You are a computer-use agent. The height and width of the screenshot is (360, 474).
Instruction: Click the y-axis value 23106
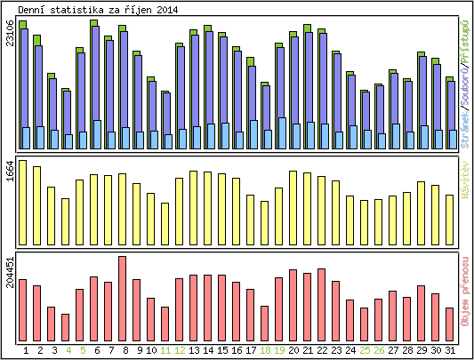click(10, 33)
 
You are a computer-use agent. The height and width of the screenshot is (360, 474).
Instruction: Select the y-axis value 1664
click(10, 172)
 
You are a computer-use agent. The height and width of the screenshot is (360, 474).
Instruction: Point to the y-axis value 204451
click(10, 274)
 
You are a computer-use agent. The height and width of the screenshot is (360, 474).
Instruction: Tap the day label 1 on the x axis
click(26, 350)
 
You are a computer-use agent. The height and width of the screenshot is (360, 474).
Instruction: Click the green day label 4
click(68, 350)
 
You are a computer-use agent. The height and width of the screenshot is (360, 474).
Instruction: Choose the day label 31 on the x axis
click(451, 350)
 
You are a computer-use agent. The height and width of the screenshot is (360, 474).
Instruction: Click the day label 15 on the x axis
click(222, 350)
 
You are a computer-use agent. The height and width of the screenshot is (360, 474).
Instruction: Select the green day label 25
click(365, 350)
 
